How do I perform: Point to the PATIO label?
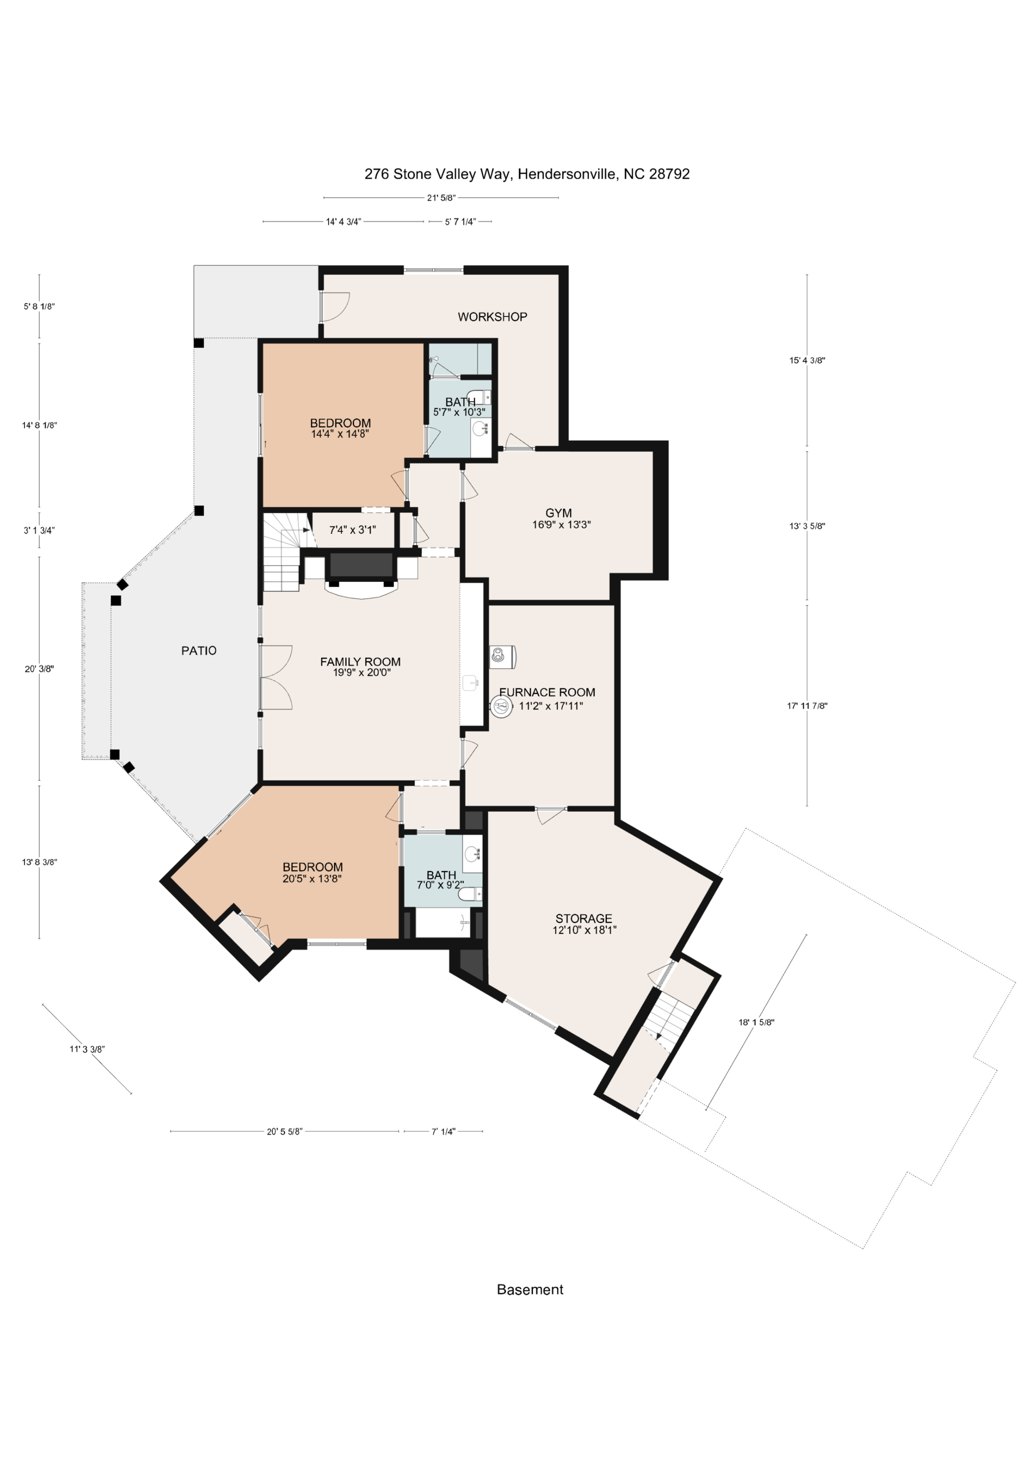coord(199,651)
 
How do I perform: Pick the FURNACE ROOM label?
coord(547,692)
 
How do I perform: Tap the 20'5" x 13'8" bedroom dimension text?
coord(312,878)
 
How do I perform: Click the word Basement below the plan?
coord(530,1290)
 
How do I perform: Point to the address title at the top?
coord(527,174)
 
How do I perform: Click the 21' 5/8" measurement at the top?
coord(441,198)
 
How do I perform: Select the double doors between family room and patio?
coord(275,677)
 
